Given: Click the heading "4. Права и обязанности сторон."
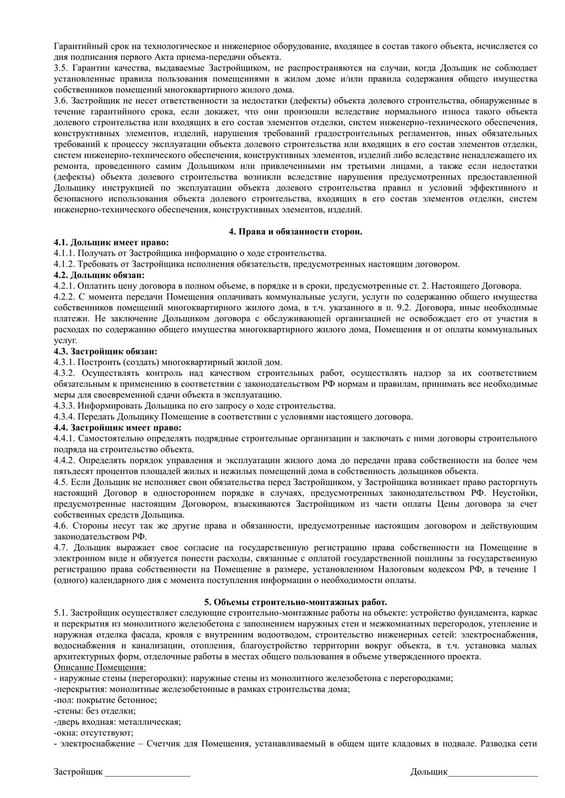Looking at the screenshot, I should click(x=295, y=231).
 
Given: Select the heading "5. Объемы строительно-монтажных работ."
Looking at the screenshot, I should click(x=295, y=601).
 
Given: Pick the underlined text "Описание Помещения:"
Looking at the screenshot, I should click(x=99, y=667).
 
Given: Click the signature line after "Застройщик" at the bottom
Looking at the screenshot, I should click(x=147, y=773).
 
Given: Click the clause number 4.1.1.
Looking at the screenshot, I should click(x=64, y=253).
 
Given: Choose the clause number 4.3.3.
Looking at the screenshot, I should click(x=64, y=405).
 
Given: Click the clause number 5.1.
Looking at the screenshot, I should click(x=60, y=612).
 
